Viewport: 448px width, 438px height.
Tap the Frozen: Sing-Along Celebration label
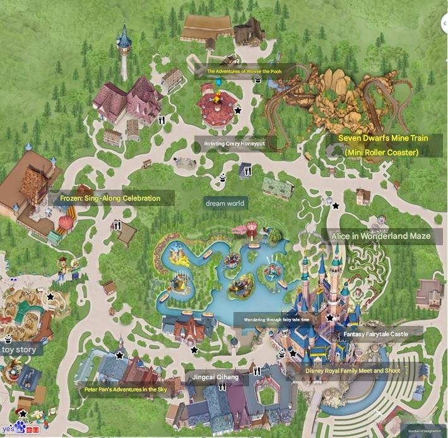coord(110,199)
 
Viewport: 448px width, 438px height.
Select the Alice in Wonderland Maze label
coord(380,236)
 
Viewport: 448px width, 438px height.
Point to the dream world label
coord(225,203)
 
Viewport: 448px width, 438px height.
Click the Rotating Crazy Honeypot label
coord(234,144)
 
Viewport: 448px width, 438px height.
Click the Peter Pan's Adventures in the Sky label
coord(126,389)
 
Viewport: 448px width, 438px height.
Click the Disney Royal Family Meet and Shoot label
coord(352,371)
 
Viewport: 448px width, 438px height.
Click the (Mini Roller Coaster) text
coord(382,153)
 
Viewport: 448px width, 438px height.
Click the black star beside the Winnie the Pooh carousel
coord(238,110)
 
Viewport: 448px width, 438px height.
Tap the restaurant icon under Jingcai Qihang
coord(222,388)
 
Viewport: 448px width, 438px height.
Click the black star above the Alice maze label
coord(336,205)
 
